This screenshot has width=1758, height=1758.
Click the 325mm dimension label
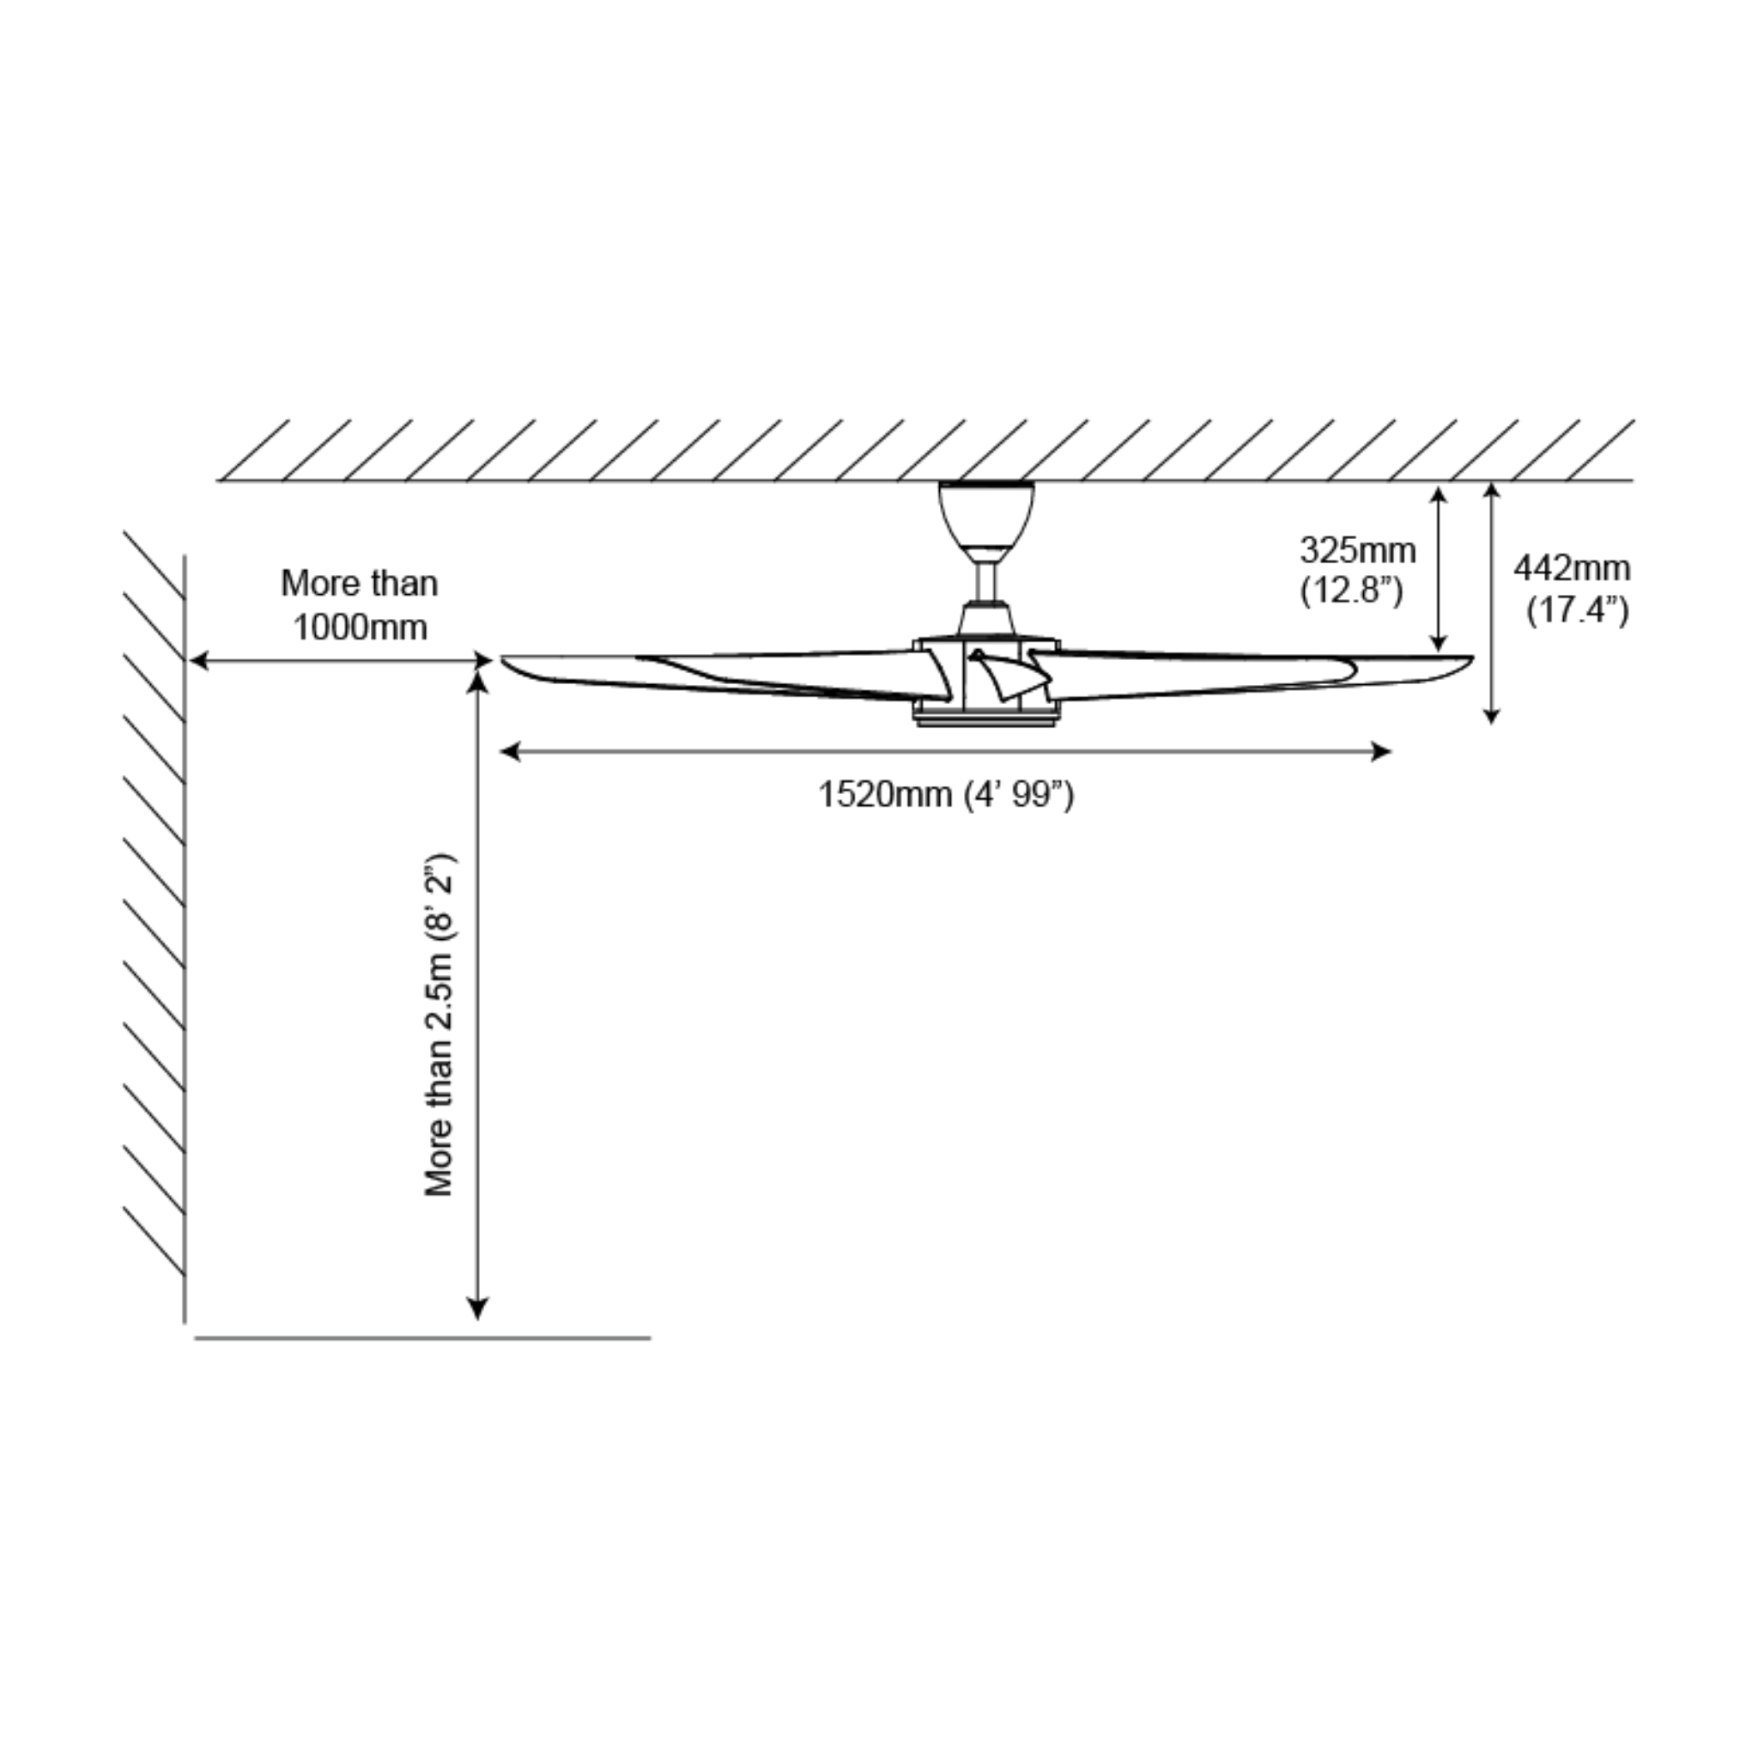coord(1357,551)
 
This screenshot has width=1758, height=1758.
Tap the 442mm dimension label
coord(1572,570)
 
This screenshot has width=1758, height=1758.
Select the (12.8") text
coord(1351,591)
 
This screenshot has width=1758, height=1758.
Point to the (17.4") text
coord(1577,609)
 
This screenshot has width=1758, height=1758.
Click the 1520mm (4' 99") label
coord(945,794)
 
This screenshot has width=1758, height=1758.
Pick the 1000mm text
coord(360,627)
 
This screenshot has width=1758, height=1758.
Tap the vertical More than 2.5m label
coord(439,1025)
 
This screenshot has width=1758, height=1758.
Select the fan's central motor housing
coord(987,682)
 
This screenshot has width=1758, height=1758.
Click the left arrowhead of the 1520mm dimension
coord(509,752)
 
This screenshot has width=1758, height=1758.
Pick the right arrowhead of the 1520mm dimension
coord(1383,752)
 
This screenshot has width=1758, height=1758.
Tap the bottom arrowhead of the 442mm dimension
coord(1491,717)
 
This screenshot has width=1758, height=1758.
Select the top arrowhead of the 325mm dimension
coord(1438,494)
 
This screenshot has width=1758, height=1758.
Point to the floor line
coord(422,1338)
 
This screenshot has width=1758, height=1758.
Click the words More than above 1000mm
coord(360,583)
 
